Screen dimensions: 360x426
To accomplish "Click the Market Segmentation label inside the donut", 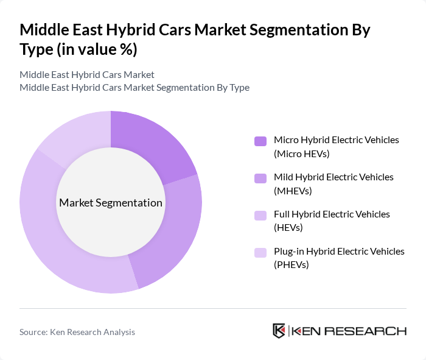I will (110, 203).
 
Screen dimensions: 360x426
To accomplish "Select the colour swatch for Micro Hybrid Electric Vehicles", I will (260, 141).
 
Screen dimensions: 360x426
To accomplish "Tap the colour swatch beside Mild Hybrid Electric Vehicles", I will (260, 178).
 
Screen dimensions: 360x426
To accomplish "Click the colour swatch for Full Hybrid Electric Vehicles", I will (260, 215).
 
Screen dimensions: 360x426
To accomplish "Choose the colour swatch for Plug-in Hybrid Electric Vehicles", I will (260, 252).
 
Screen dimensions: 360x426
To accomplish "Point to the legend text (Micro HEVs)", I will (301, 154).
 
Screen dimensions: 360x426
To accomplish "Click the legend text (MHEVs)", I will (293, 191).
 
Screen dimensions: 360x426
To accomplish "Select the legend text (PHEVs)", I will (292, 265).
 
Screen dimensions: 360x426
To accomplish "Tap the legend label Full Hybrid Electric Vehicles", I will (332, 214).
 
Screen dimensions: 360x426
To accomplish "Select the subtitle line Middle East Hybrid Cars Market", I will (87, 74).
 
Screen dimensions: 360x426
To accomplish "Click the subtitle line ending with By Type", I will (134, 87).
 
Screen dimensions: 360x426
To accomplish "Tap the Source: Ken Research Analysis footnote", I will (77, 332).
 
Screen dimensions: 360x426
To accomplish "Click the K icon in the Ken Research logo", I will (279, 331).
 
